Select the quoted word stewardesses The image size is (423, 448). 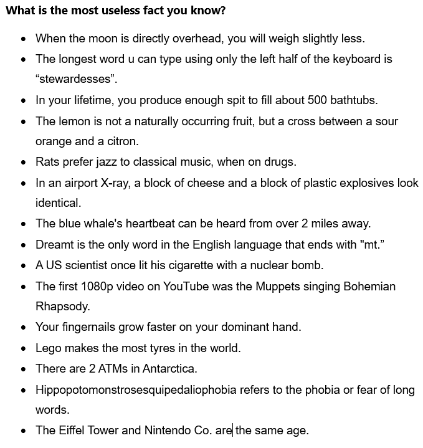click(76, 80)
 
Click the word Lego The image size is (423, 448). click(49, 348)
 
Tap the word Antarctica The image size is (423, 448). click(169, 368)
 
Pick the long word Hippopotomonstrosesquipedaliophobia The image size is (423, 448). click(136, 389)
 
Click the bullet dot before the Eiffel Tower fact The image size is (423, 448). click(24, 431)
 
